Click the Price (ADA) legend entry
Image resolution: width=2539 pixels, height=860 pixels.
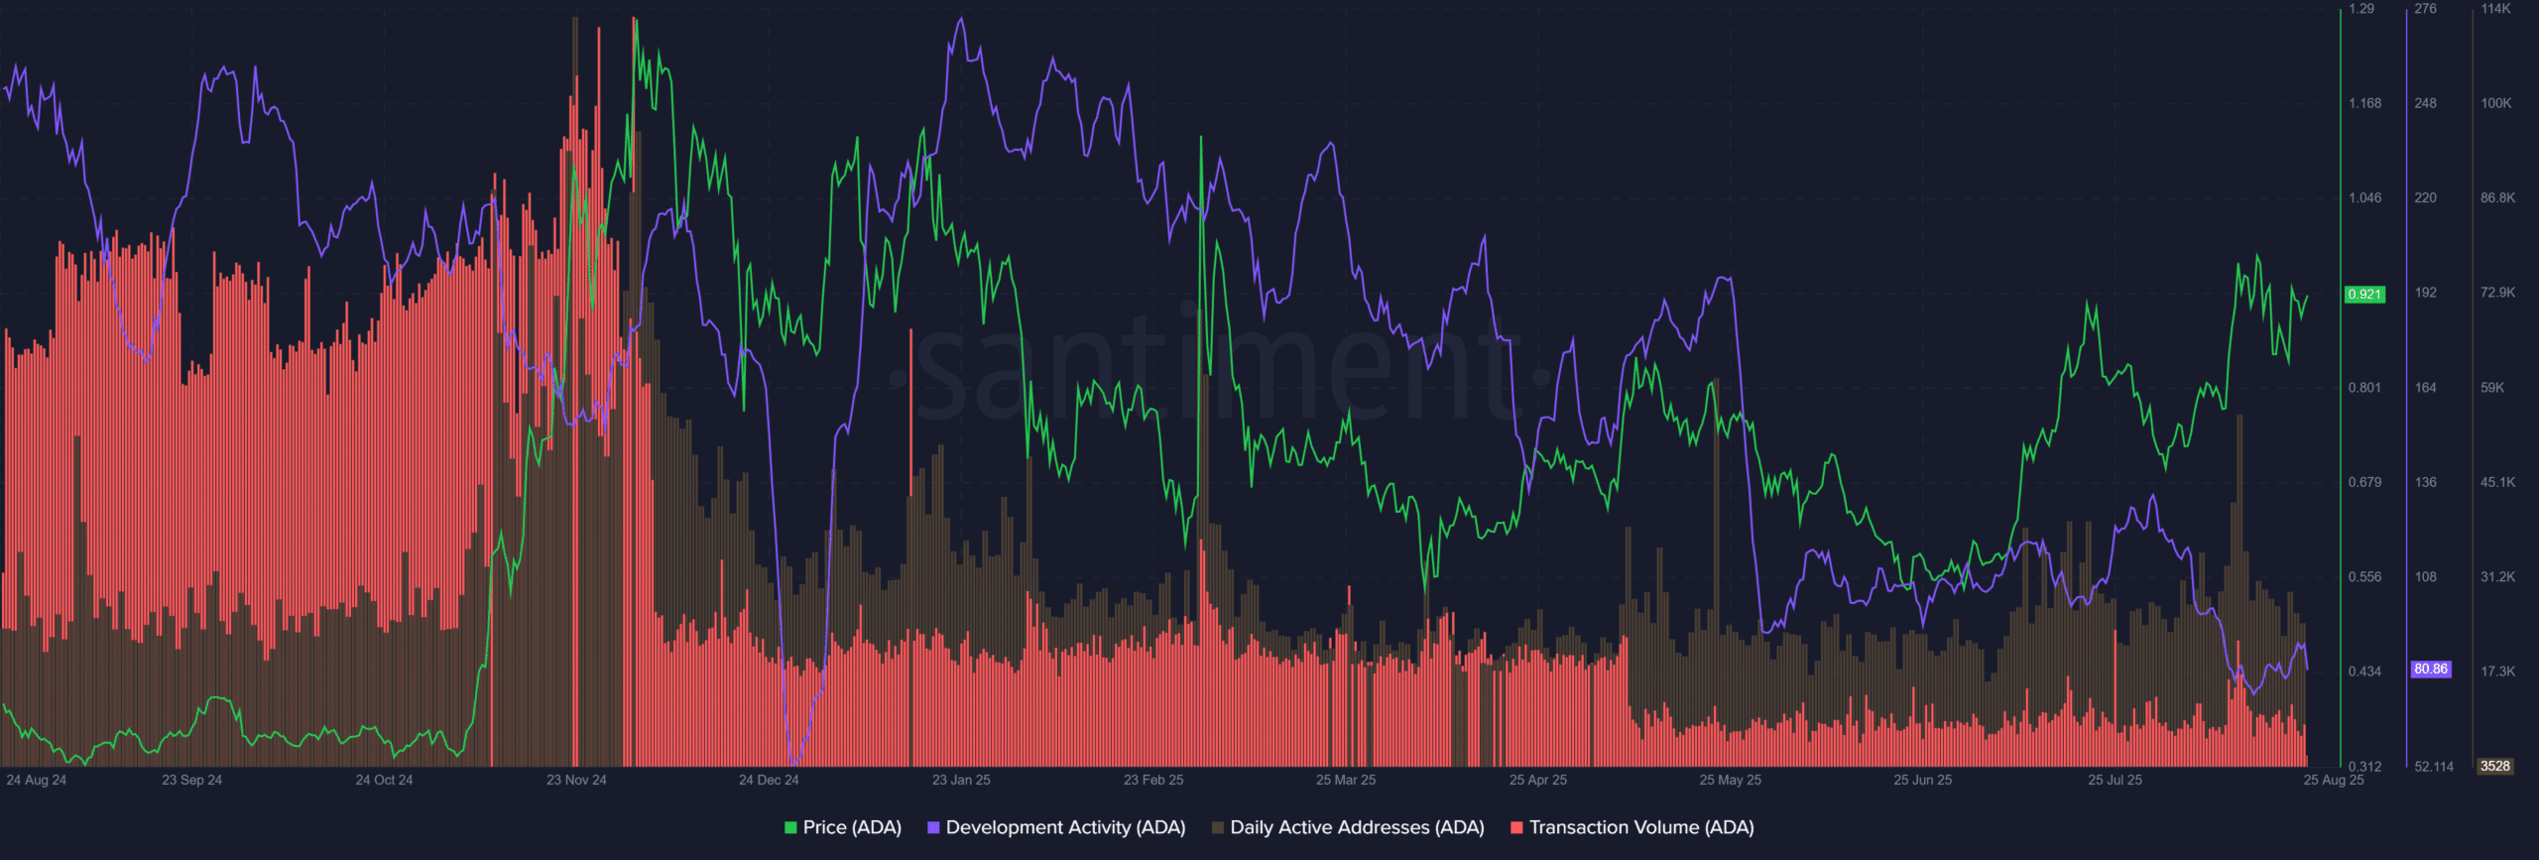pyautogui.click(x=842, y=827)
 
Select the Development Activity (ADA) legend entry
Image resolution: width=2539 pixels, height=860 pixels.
pyautogui.click(x=1056, y=827)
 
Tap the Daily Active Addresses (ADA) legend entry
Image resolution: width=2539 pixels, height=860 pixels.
pyautogui.click(x=1348, y=827)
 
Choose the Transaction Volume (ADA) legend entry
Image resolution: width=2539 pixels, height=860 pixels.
pyautogui.click(x=1632, y=827)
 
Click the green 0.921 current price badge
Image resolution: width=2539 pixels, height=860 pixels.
pyautogui.click(x=2364, y=295)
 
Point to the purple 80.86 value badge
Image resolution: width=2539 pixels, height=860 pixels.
pyautogui.click(x=2430, y=670)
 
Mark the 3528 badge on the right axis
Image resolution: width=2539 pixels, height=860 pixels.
pyautogui.click(x=2494, y=766)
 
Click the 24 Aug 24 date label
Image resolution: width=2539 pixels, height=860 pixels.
pyautogui.click(x=37, y=780)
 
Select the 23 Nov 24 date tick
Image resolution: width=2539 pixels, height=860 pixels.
pyautogui.click(x=576, y=780)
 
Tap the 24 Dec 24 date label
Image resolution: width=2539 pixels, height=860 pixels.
pyautogui.click(x=769, y=780)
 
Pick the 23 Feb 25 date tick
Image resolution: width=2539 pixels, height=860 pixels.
pyautogui.click(x=1153, y=780)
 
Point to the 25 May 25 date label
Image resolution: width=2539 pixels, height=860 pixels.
pyautogui.click(x=1730, y=780)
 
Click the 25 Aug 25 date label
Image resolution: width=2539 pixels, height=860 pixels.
pyautogui.click(x=2333, y=780)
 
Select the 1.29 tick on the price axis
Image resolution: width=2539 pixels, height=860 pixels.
pyautogui.click(x=2362, y=9)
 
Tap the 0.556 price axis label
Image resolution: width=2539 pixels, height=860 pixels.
pyautogui.click(x=2364, y=576)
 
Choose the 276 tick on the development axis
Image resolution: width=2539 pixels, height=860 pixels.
pyautogui.click(x=2425, y=9)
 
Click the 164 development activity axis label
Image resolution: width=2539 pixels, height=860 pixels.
pyautogui.click(x=2425, y=388)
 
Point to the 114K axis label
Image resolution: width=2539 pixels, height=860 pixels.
pyautogui.click(x=2495, y=9)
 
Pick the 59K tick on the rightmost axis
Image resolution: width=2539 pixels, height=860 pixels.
pyautogui.click(x=2492, y=388)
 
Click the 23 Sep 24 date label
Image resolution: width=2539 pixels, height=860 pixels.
pyautogui.click(x=191, y=780)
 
